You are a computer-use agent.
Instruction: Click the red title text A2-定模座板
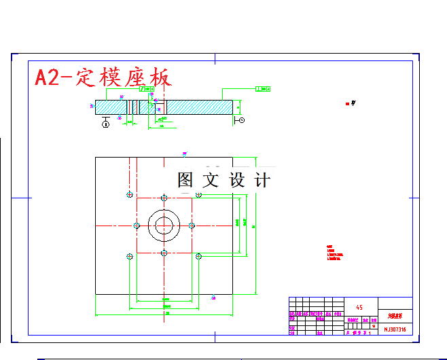[x=102, y=77]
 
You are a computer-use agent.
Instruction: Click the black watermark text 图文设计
[x=224, y=180]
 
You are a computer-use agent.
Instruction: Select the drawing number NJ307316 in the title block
[x=395, y=329]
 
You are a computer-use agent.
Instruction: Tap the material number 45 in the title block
[x=359, y=308]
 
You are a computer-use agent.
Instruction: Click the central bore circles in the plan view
[x=164, y=225]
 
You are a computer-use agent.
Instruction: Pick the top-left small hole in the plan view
[x=129, y=195]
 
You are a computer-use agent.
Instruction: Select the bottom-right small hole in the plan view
[x=198, y=256]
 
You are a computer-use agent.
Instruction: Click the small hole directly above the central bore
[x=164, y=198]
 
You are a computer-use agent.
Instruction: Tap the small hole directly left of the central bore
[x=137, y=225]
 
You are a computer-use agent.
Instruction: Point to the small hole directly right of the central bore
[x=192, y=225]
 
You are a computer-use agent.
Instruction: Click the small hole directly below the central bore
[x=164, y=253]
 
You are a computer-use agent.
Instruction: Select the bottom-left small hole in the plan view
[x=129, y=256]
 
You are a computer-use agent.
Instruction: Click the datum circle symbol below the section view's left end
[x=106, y=123]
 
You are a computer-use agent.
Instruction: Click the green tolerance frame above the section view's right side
[x=262, y=88]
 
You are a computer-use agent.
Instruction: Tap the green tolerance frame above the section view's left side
[x=147, y=88]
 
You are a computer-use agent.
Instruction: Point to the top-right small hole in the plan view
[x=198, y=195]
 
